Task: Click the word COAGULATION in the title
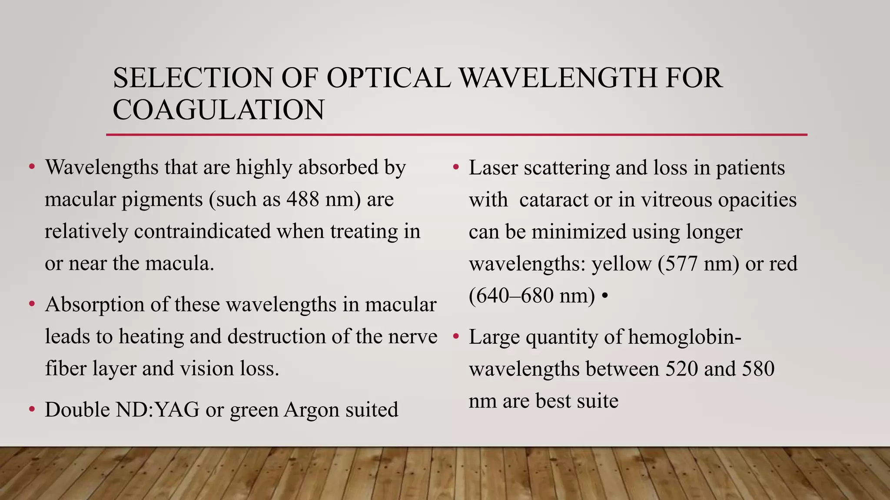click(218, 109)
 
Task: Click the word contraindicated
click(203, 231)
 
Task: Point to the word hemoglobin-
click(684, 337)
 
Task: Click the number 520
click(681, 368)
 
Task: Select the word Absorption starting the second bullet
click(95, 305)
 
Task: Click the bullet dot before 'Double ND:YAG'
click(32, 409)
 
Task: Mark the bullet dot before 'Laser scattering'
click(456, 167)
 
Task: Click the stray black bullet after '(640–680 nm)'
click(605, 296)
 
